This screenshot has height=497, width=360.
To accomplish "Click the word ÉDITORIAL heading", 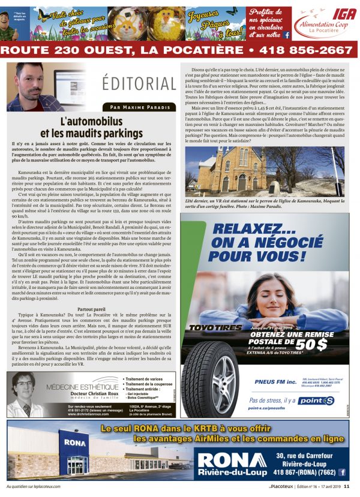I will (x=139, y=83).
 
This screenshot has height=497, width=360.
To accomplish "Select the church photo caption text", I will (x=264, y=206).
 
